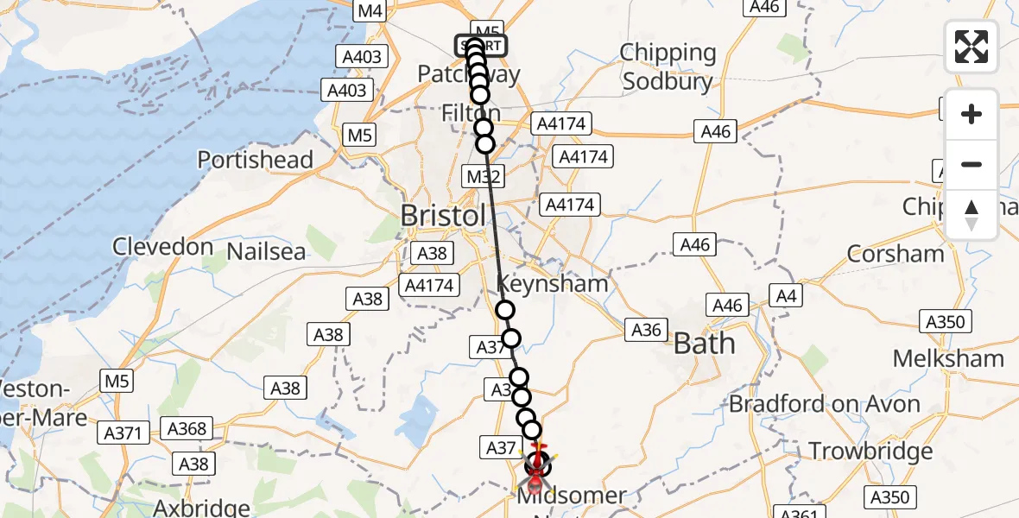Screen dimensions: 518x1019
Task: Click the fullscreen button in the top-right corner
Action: coord(972,47)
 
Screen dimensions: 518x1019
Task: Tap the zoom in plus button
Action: coord(972,114)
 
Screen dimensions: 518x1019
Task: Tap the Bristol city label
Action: coord(443,216)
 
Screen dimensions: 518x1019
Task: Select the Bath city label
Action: coord(704,344)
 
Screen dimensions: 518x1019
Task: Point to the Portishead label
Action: coord(255,160)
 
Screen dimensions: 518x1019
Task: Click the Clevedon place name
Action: coord(163,247)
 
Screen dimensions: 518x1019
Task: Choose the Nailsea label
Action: coord(266,252)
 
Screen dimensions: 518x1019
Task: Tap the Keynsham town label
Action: coord(553,284)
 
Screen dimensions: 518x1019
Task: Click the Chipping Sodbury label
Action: coord(668,67)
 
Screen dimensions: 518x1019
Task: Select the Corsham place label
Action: coord(896,254)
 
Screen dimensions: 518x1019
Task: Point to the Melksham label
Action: coord(948,358)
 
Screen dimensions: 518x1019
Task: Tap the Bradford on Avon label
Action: coord(825,404)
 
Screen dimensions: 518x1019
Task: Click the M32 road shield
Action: coord(484,177)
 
